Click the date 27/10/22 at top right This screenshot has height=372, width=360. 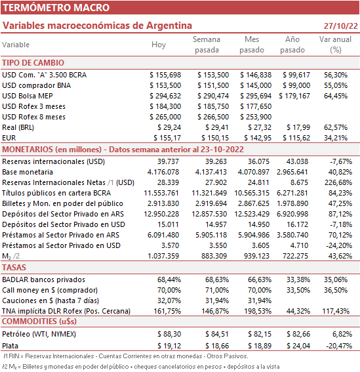point(340,26)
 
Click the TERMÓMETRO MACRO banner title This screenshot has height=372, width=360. point(56,8)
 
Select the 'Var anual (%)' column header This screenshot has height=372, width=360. point(335,45)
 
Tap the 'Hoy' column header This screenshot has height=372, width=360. point(159,45)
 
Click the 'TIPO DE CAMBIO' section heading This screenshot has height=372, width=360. point(33,63)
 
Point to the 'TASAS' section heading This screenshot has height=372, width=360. point(14,268)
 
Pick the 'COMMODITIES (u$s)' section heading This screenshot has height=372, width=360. point(39,321)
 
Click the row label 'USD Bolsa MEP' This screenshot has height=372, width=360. point(28,96)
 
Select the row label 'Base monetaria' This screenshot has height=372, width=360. point(28,172)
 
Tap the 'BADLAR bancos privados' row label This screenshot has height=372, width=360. point(44,279)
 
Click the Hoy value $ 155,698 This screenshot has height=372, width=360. point(165,75)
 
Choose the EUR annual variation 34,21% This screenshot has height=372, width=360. point(336,138)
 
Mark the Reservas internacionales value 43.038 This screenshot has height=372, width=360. point(298,161)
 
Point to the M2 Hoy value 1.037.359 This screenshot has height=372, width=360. point(163,256)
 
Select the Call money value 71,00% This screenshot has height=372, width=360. point(217,290)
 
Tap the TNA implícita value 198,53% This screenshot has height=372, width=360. point(258,311)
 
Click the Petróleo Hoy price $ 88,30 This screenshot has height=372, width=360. point(169,334)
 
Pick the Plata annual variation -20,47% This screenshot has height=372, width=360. point(339,346)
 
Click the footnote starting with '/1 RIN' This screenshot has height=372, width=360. point(126,356)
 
